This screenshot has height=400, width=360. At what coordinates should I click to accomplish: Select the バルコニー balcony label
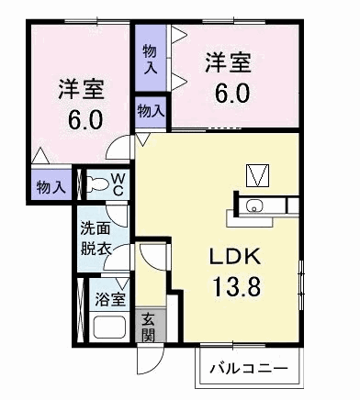click(248, 369)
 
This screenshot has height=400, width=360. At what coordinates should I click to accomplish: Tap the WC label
click(119, 183)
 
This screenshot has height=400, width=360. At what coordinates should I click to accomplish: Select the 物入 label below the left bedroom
click(51, 187)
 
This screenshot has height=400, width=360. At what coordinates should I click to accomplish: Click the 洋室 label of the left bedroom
click(81, 90)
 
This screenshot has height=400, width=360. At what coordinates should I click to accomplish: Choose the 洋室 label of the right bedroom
click(227, 63)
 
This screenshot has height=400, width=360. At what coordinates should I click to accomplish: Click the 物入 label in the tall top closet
click(151, 59)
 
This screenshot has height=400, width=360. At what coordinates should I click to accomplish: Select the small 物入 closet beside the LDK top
click(151, 111)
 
